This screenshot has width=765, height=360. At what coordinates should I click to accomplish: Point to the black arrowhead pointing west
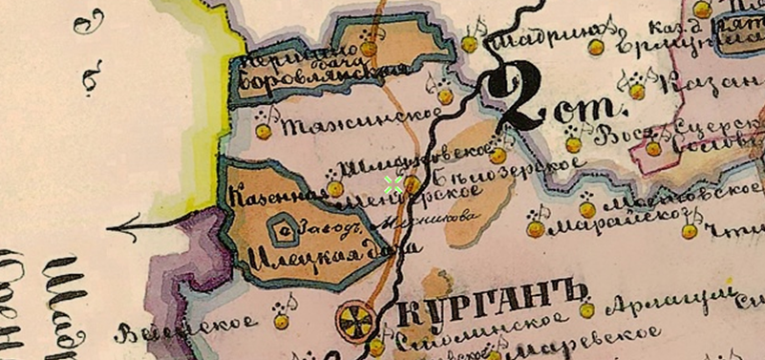tap(116, 228)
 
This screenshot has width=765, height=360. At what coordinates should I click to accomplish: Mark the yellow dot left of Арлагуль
tap(587, 310)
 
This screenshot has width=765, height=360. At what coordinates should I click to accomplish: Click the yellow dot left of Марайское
tap(536, 230)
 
